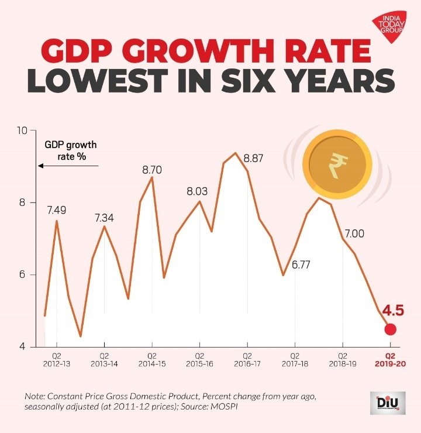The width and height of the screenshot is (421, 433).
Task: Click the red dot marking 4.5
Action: [x=391, y=329]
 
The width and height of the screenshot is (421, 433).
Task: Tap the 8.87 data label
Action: [x=253, y=159]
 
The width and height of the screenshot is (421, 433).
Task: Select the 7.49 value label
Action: [x=57, y=211]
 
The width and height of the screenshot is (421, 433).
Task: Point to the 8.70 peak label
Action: [x=152, y=170]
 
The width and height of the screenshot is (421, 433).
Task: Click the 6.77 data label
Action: [x=301, y=265]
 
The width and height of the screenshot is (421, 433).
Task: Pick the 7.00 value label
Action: [x=354, y=234]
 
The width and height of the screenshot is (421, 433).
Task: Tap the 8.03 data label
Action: [x=197, y=191]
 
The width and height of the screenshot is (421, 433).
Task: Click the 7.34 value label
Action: [x=104, y=218]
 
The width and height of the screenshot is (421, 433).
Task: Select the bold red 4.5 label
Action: [x=393, y=310]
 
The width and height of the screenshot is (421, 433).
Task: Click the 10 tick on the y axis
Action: [x=22, y=130]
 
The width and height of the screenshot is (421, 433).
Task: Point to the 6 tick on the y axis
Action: [x=22, y=275]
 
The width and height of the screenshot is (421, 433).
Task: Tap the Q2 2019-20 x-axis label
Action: [x=391, y=360]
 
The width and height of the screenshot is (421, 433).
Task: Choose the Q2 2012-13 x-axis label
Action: [x=57, y=360]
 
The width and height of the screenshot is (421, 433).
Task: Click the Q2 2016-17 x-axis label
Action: [x=247, y=360]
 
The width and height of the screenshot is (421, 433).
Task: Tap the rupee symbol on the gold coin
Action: [x=338, y=165]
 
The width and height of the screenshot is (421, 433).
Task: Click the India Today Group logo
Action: [x=390, y=26]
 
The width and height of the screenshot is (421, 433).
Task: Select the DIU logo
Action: [x=388, y=403]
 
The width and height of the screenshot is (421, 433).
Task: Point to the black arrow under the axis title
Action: [x=68, y=166]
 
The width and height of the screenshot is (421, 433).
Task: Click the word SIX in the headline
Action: [x=248, y=80]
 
